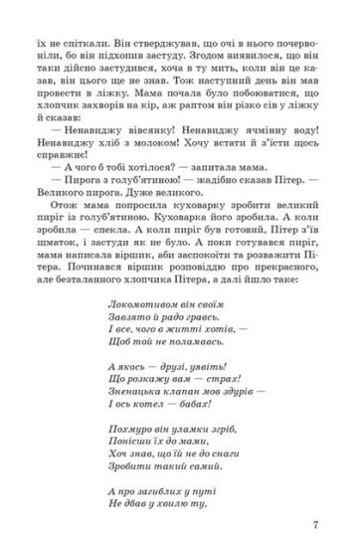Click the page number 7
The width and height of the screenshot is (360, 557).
(x=315, y=526)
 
